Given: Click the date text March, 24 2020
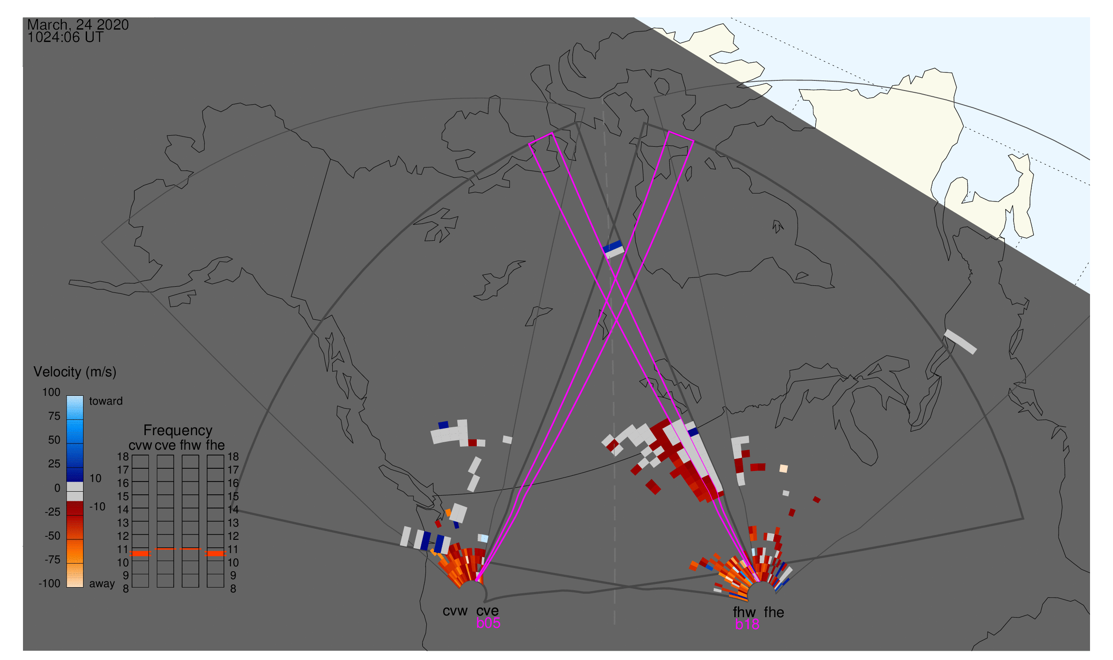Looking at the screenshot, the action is point(78,25).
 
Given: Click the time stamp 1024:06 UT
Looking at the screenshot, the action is point(65,38).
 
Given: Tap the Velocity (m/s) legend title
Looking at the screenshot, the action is point(75,372).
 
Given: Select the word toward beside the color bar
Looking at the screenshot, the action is point(106,401).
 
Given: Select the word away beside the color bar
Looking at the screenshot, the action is point(102,584).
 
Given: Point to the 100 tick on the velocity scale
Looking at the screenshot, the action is point(51,392).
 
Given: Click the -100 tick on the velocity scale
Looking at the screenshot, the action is point(49,584).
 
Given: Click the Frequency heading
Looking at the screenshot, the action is point(178,431).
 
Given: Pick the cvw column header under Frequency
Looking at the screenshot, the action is point(141,446).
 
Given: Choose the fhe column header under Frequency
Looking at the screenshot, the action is point(215,446).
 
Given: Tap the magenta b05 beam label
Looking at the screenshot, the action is point(488,623).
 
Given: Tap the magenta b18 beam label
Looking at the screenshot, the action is point(747,625).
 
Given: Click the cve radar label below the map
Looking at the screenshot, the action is point(487,611).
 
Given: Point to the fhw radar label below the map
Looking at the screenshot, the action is point(744,612).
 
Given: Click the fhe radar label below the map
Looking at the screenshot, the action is point(774,612).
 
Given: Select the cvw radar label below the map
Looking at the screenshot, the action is point(455,611).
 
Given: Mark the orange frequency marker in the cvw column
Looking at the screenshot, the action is point(141,554).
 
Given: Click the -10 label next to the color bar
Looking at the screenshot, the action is point(97,507).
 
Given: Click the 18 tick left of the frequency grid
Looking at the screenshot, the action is point(123,457).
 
